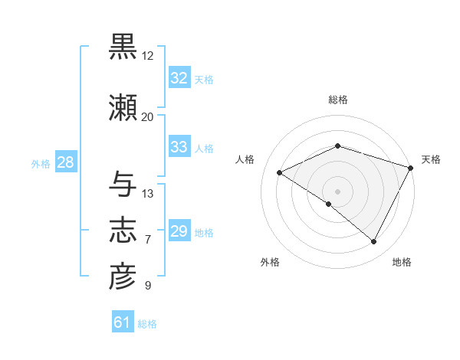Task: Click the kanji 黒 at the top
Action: click(123, 47)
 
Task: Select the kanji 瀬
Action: click(123, 108)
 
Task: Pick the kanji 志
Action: click(123, 231)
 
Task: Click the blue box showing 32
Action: click(179, 78)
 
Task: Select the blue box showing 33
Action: click(179, 147)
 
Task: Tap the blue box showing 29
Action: click(179, 231)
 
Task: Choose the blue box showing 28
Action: click(65, 162)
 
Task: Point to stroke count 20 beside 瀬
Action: click(147, 117)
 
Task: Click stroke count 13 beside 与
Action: click(148, 194)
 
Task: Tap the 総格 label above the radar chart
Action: click(337, 100)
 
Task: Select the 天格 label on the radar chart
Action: click(431, 159)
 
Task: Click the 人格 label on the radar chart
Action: click(245, 159)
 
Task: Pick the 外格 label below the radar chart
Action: click(270, 262)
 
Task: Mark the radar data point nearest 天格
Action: click(411, 168)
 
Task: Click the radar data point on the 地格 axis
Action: click(374, 242)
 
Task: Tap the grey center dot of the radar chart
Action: click(337, 191)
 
